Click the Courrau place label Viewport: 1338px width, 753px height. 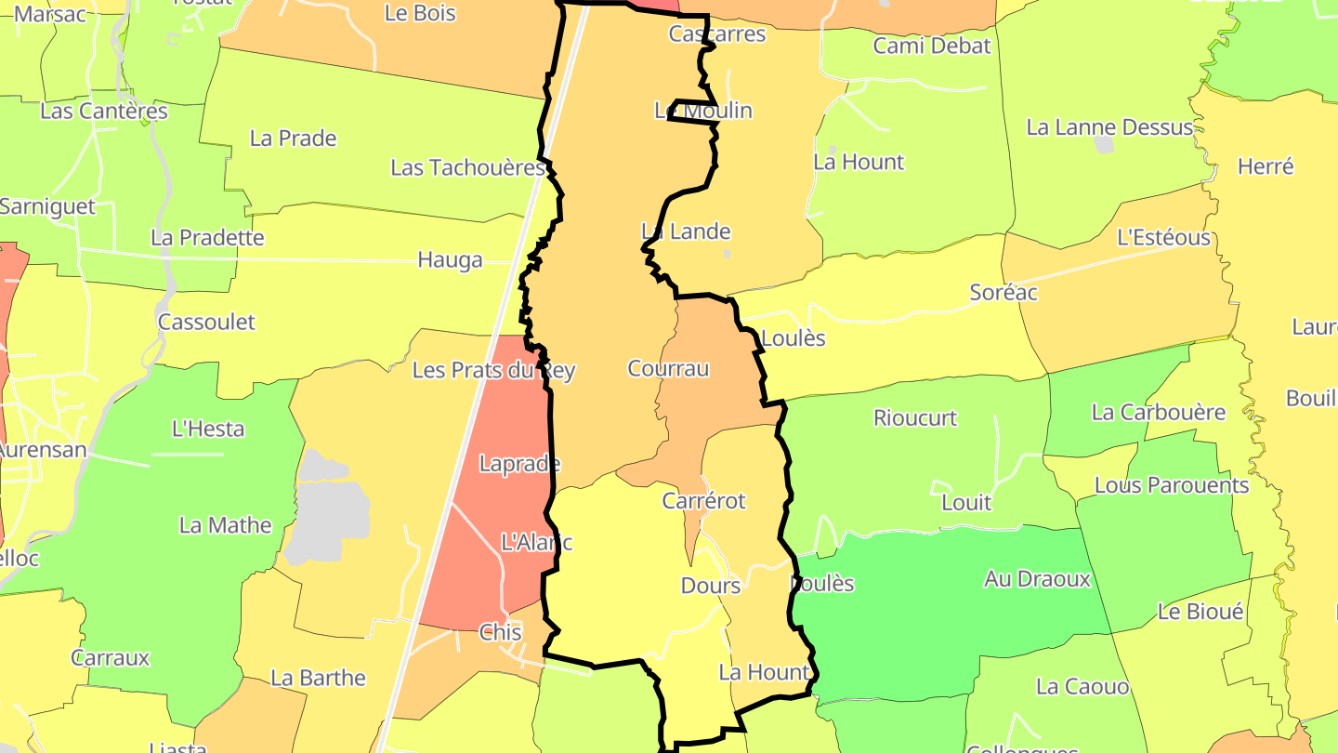[x=668, y=369]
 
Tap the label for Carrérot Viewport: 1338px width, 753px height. [x=703, y=501]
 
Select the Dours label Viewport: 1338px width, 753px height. [x=711, y=586]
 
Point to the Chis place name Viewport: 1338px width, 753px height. [x=500, y=632]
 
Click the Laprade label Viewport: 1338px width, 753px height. [x=519, y=464]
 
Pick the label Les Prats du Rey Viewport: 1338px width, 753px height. [x=493, y=371]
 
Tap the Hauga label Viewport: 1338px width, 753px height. [x=450, y=259]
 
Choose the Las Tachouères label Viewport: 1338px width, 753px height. [x=467, y=168]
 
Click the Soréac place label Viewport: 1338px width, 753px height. [x=1003, y=292]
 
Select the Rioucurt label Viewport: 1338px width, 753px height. [x=914, y=418]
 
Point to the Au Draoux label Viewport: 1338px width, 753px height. [x=1037, y=579]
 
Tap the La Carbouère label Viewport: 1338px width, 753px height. [x=1158, y=412]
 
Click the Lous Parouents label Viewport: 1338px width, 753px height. [x=1172, y=485]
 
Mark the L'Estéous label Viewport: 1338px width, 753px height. [x=1163, y=238]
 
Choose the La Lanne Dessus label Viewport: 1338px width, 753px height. [x=1109, y=127]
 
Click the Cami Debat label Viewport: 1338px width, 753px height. [x=932, y=46]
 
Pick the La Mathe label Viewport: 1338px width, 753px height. [x=225, y=525]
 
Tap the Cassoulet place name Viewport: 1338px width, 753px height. [x=206, y=323]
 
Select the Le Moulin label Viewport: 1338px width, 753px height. [x=703, y=111]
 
